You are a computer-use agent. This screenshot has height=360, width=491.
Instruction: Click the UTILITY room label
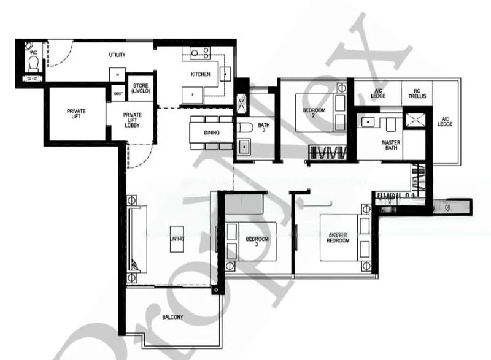pos(117,55)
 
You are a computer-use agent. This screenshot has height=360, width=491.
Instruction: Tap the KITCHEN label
pos(201,74)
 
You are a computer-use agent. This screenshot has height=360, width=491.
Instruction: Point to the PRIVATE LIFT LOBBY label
pos(132,120)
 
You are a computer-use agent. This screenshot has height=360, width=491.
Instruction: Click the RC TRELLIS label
pos(411,95)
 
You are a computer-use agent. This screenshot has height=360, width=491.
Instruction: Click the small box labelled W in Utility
pos(117,75)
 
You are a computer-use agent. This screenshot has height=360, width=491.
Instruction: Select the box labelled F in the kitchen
pos(192,96)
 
